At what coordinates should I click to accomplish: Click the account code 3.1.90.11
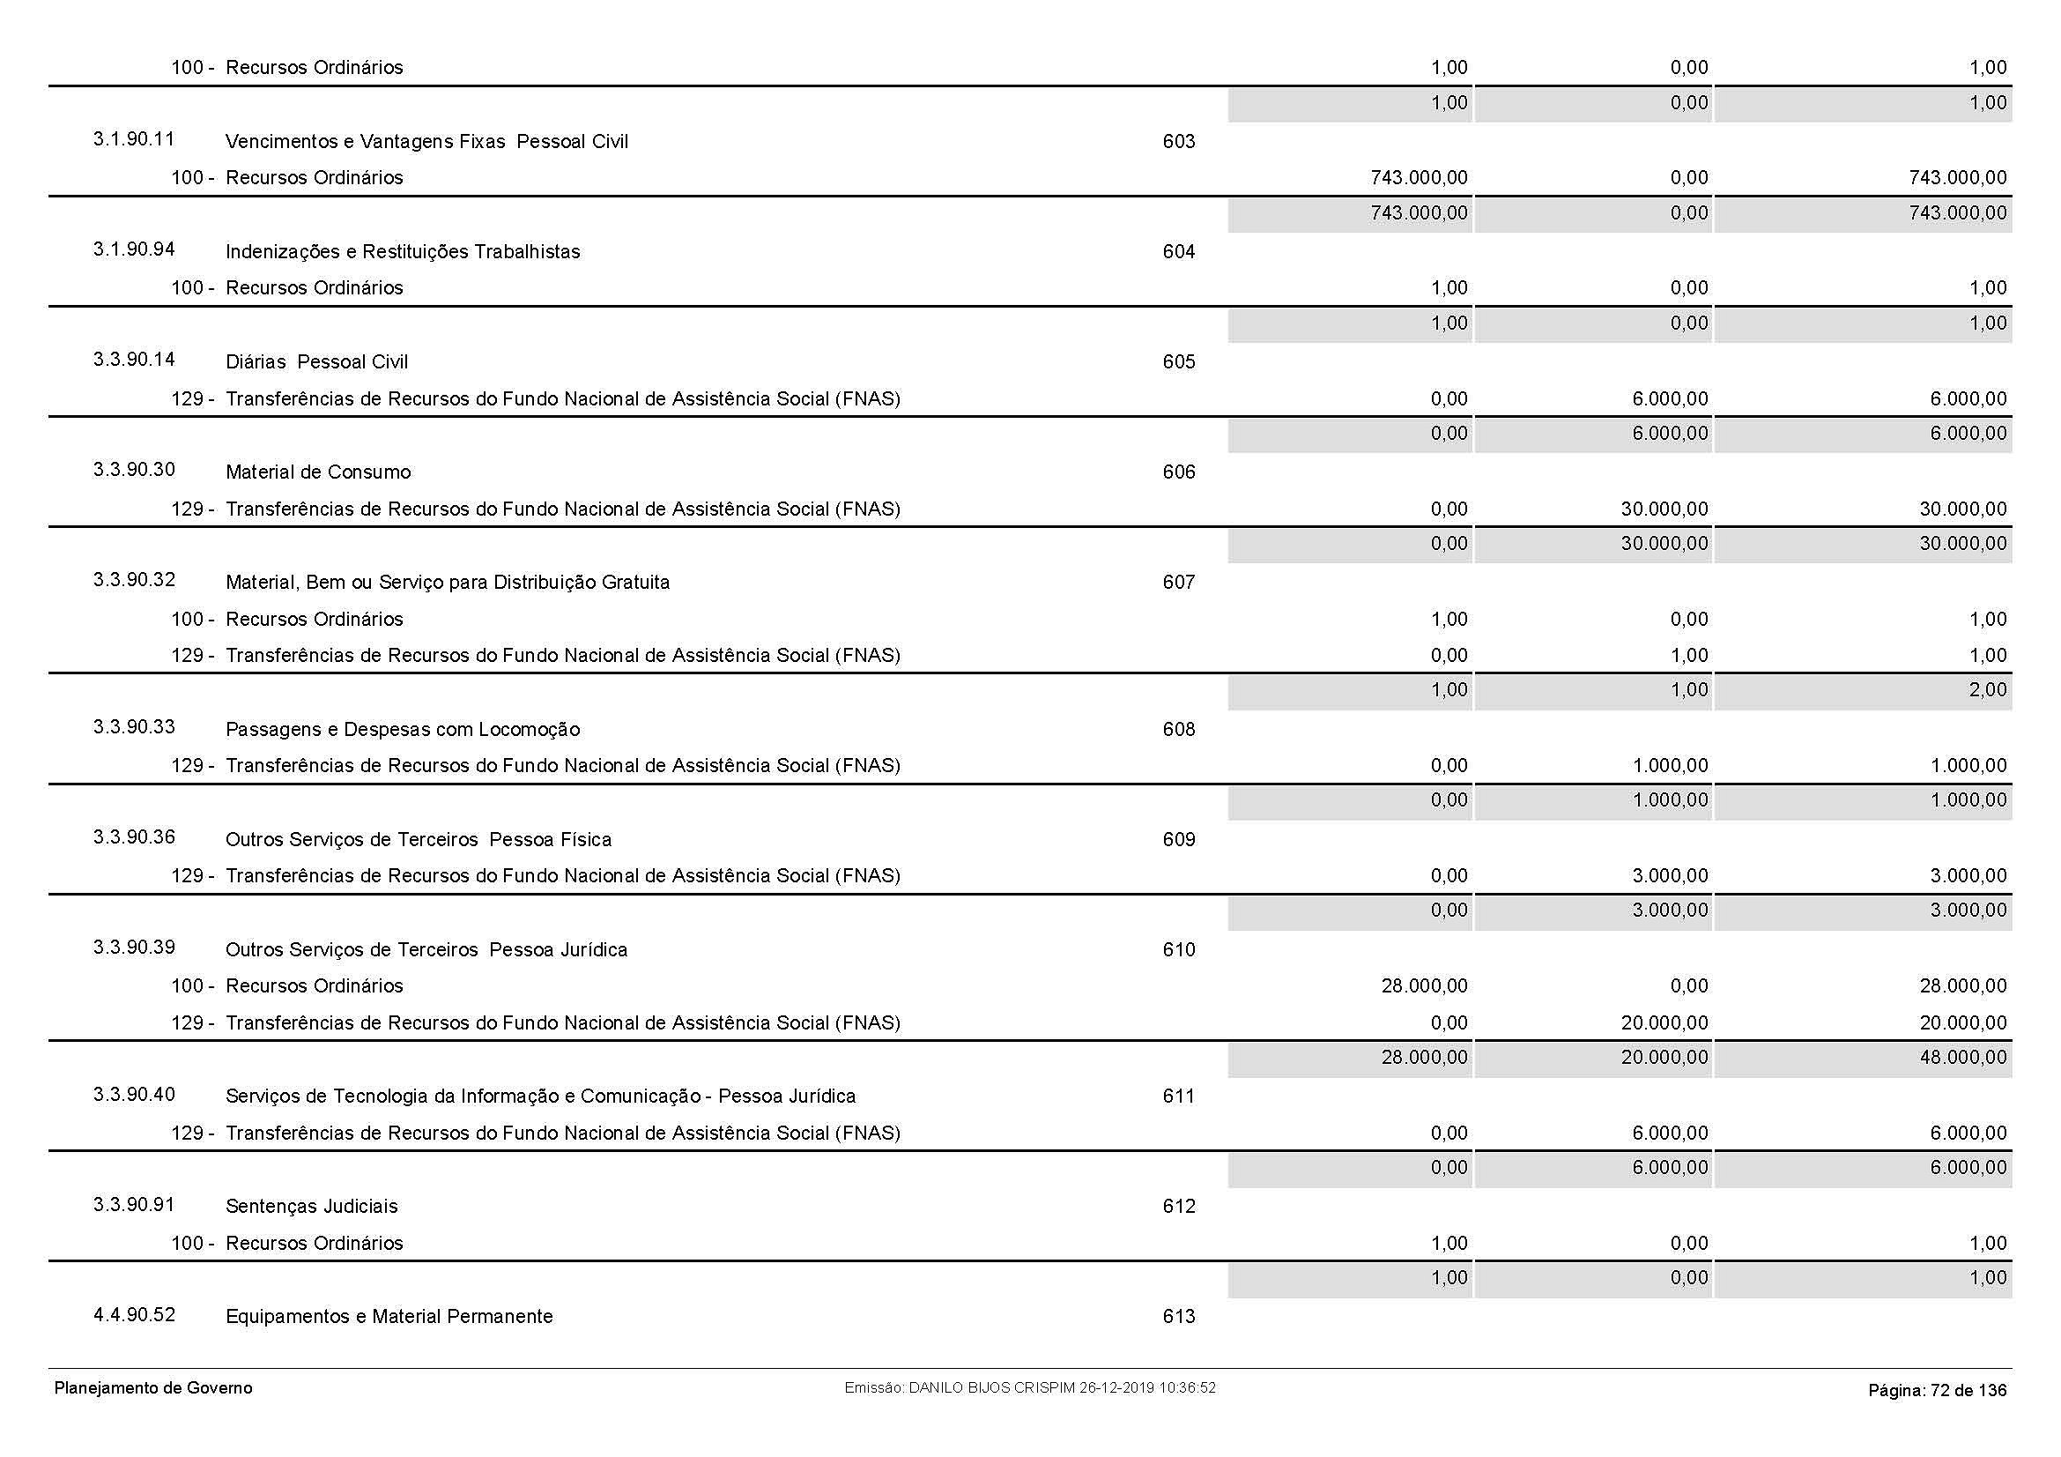(134, 139)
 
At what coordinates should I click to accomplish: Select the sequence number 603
(1178, 141)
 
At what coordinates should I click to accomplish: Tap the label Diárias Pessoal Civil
(316, 361)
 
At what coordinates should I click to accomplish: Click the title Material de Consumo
(318, 472)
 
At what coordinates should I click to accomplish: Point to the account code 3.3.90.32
(134, 580)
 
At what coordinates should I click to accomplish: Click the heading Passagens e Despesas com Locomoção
(402, 729)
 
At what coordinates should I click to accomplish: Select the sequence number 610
(1178, 950)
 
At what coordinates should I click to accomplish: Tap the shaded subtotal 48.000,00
(1962, 1058)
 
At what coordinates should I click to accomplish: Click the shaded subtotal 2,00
(1987, 690)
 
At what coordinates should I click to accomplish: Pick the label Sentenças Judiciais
(311, 1207)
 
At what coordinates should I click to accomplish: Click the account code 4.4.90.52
(134, 1315)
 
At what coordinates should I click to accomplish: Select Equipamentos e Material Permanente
(389, 1317)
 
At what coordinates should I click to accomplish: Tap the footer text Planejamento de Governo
(153, 1389)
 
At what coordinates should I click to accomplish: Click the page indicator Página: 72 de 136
(1937, 1391)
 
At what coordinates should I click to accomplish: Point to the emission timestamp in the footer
(1029, 1388)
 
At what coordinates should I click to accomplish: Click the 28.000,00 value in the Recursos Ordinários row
(1424, 985)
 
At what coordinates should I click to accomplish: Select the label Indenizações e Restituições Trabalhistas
(402, 252)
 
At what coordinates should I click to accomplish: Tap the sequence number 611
(1178, 1096)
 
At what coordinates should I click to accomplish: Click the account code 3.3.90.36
(134, 837)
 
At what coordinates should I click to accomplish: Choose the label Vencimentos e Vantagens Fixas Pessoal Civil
(426, 142)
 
